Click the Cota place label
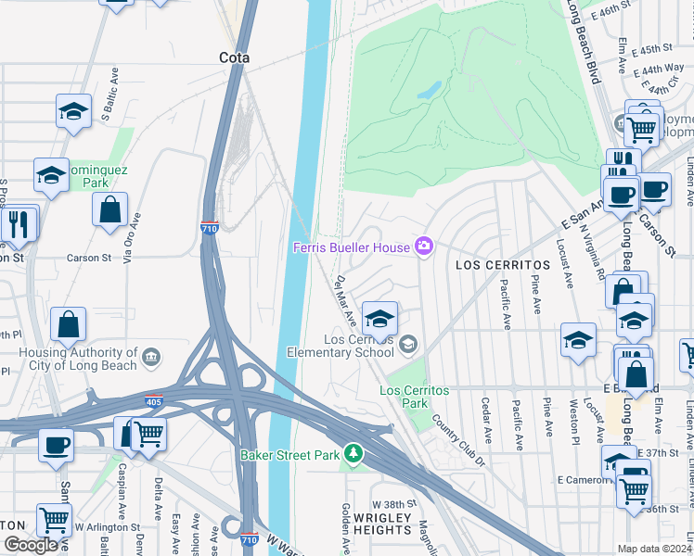[235, 57]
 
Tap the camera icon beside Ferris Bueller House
[424, 246]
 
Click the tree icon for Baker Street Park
[352, 454]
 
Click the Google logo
[31, 544]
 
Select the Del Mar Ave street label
[346, 299]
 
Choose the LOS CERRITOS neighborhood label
[503, 265]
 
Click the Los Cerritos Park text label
[415, 397]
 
